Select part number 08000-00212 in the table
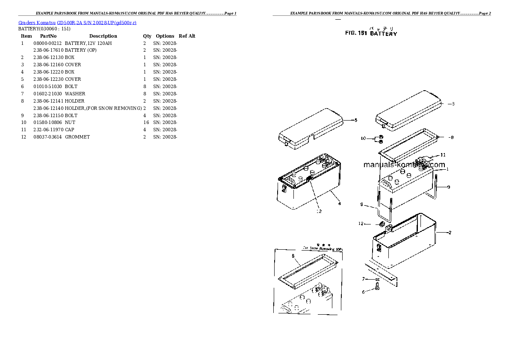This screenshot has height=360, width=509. (47, 43)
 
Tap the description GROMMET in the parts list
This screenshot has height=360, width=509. (77, 137)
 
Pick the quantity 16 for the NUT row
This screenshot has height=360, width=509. (146, 122)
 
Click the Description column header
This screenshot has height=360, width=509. (103, 36)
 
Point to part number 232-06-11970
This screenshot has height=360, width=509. (47, 130)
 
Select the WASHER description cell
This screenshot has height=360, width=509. (75, 94)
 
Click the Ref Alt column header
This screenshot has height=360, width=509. (187, 36)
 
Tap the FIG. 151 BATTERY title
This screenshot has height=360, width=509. (371, 33)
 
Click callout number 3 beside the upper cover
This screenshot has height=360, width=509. (453, 104)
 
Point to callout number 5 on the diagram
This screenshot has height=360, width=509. (355, 120)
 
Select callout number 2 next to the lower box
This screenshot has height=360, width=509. (450, 233)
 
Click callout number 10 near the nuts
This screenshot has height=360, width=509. (364, 138)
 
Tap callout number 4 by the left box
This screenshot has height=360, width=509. (339, 204)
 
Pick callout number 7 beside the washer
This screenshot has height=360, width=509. (364, 279)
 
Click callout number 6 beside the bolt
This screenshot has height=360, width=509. (364, 292)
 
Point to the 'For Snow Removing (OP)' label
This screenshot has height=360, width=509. (323, 248)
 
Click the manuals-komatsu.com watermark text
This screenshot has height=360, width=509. (404, 165)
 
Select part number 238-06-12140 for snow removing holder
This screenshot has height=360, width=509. (47, 108)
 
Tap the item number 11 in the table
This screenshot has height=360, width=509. (24, 130)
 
